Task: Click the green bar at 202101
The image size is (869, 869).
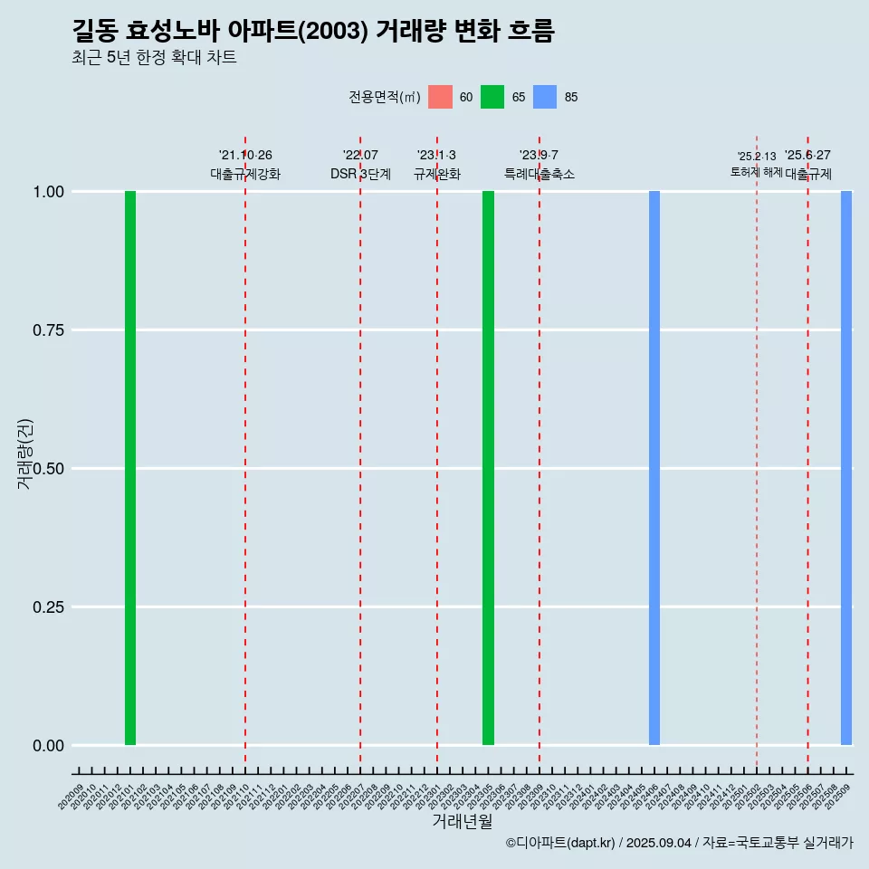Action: (x=130, y=468)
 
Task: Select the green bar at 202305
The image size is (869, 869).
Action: (x=488, y=468)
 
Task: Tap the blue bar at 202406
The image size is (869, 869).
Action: (x=654, y=468)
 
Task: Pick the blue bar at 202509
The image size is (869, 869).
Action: (x=846, y=468)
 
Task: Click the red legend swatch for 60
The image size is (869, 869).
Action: (x=440, y=97)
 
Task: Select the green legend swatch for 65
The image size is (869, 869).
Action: (x=492, y=97)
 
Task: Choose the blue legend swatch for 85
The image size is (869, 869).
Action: (x=545, y=97)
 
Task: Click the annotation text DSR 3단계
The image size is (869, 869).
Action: (x=360, y=174)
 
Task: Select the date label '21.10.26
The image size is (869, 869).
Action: (x=245, y=156)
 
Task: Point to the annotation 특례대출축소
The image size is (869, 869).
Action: (x=540, y=174)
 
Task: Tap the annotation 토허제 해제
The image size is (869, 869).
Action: (x=757, y=172)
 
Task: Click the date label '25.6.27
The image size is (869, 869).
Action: (x=807, y=156)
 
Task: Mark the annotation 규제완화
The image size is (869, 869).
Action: (x=437, y=174)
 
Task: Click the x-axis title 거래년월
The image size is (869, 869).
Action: (x=462, y=822)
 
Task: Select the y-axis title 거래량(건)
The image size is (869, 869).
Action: (x=24, y=454)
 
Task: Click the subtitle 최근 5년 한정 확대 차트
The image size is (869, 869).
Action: (x=154, y=58)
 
